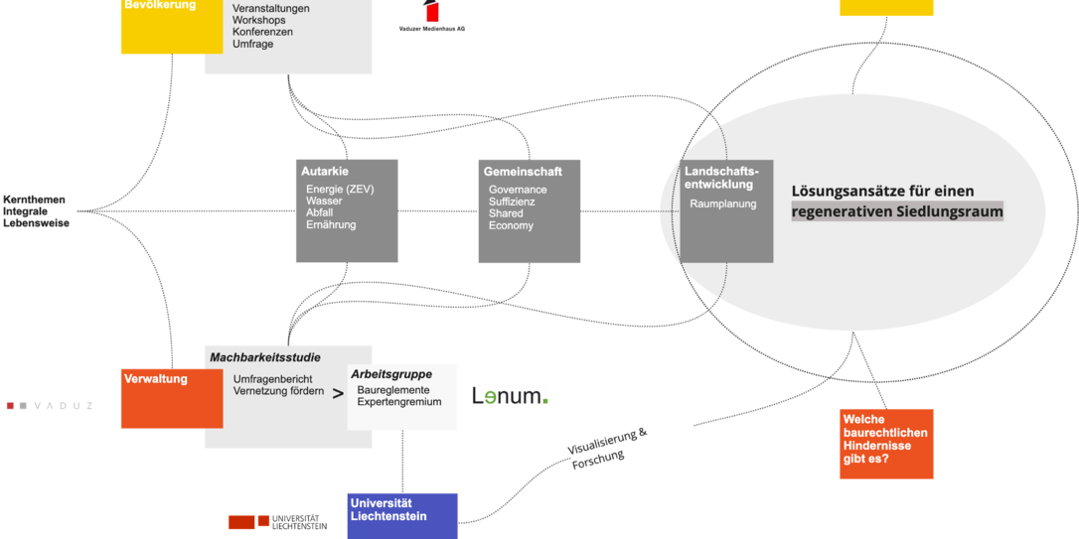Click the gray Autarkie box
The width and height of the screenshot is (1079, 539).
pyautogui.click(x=347, y=210)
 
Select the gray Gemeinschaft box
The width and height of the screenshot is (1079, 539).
pyautogui.click(x=529, y=210)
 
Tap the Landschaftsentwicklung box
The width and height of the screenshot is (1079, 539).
pyautogui.click(x=727, y=210)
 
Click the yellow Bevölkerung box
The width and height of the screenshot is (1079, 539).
pyautogui.click(x=171, y=26)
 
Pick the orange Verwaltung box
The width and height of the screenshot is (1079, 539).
pyautogui.click(x=168, y=398)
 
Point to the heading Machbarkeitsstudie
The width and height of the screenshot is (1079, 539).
pyautogui.click(x=265, y=357)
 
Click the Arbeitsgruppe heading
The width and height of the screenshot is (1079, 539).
pyautogui.click(x=390, y=374)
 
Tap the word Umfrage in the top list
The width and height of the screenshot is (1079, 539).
pyautogui.click(x=253, y=45)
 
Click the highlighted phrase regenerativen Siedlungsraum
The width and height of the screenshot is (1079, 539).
pyautogui.click(x=897, y=211)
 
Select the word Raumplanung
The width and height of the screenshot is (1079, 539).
pyautogui.click(x=723, y=204)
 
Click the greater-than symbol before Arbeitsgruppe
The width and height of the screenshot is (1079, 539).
pyautogui.click(x=338, y=393)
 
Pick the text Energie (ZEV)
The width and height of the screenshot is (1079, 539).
pyautogui.click(x=340, y=190)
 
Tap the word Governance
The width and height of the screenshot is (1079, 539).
pyautogui.click(x=518, y=190)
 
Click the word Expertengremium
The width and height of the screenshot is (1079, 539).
pyautogui.click(x=399, y=403)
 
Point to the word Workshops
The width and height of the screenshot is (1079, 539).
pyautogui.click(x=260, y=20)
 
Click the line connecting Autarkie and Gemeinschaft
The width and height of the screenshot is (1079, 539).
pyautogui.click(x=437, y=210)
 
